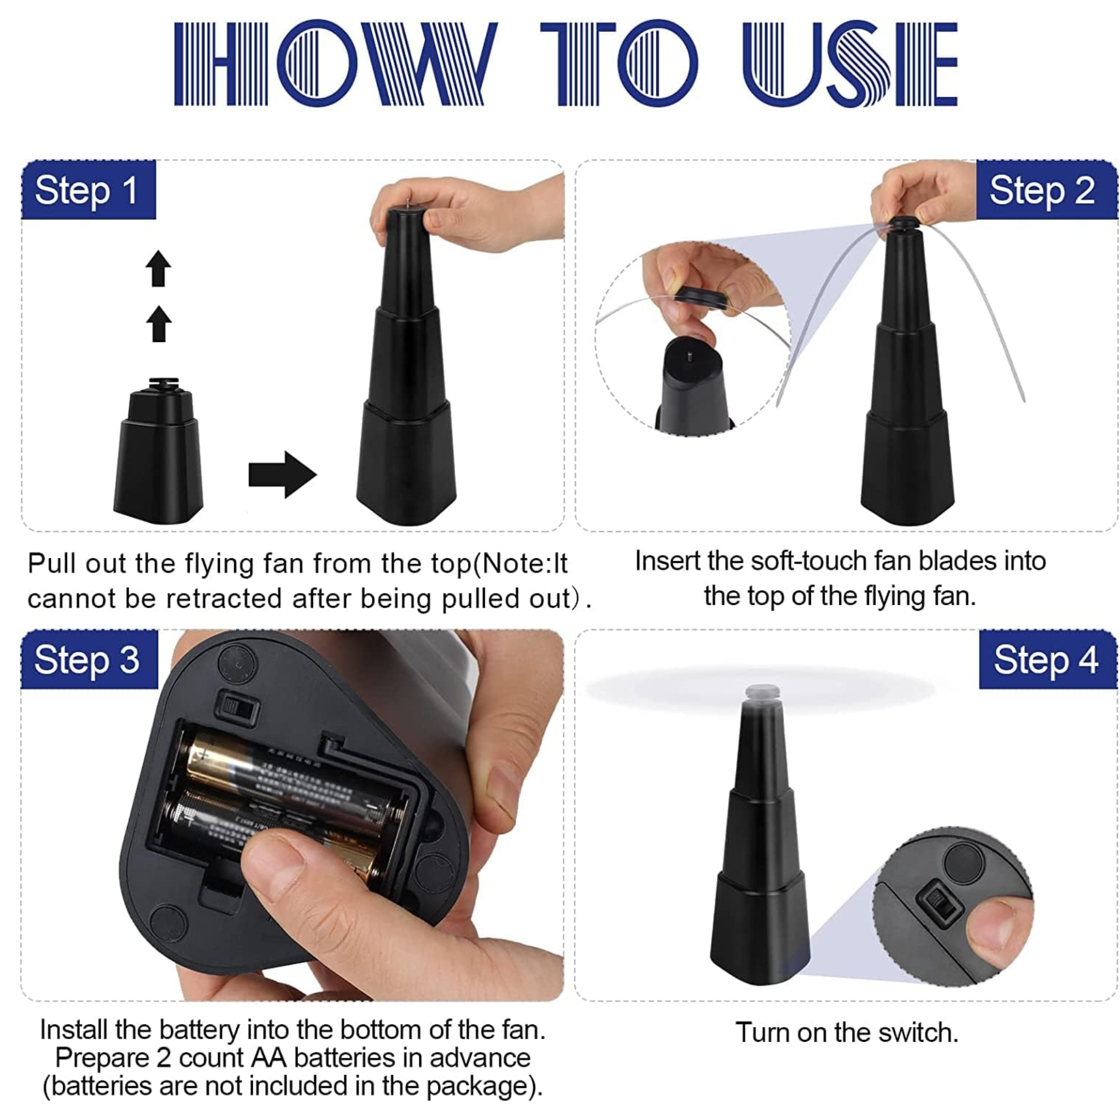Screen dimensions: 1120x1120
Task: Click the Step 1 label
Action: [x=88, y=190]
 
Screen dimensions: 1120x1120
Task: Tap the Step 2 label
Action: [x=1046, y=190]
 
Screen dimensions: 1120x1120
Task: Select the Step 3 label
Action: [x=89, y=659]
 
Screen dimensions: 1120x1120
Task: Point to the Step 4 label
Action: [x=1047, y=659]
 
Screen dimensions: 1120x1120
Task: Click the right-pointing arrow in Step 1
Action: [x=282, y=474]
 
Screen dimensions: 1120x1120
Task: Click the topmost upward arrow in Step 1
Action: [x=158, y=269]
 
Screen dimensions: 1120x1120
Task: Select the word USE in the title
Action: [x=850, y=63]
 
